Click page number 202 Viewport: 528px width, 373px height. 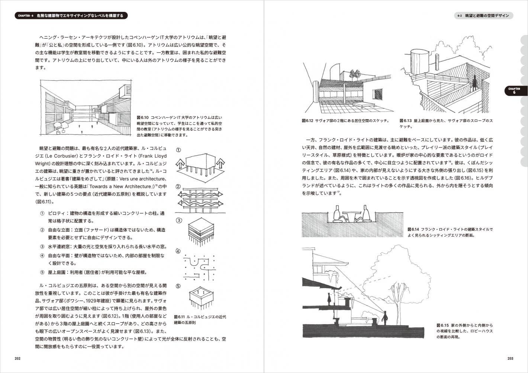[x=17, y=358]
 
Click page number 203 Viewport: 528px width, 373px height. [x=510, y=358]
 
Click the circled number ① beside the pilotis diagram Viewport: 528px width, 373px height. [x=178, y=150]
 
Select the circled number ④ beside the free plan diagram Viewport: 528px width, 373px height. [x=178, y=251]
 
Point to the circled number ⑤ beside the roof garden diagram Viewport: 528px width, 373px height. [x=178, y=286]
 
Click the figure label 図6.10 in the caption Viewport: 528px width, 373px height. [x=143, y=118]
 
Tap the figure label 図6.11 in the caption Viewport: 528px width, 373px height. [x=179, y=317]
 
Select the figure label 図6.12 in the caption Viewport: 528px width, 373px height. [x=308, y=121]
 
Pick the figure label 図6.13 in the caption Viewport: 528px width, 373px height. [x=405, y=121]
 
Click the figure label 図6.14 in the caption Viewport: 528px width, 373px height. [x=413, y=229]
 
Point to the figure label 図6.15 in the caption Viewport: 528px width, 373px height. [x=442, y=325]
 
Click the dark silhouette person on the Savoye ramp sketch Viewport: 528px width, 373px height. [x=474, y=84]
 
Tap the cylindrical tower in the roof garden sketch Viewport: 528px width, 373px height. [x=420, y=61]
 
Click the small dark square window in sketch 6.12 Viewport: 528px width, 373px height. [x=377, y=94]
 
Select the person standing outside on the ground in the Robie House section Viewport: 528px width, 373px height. [x=385, y=318]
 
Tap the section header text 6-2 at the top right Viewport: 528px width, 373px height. [x=460, y=16]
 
